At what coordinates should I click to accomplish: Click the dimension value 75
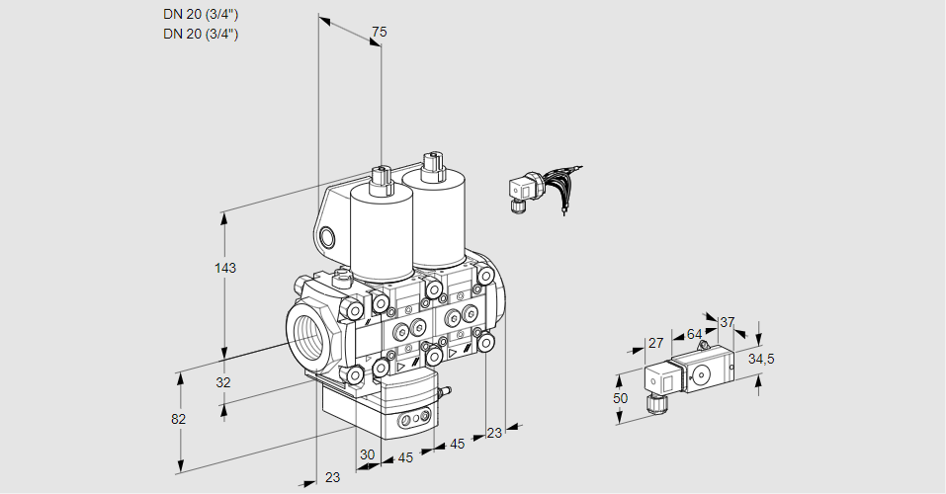click(379, 33)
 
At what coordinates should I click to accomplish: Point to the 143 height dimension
click(227, 268)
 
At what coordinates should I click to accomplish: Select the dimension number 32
click(223, 382)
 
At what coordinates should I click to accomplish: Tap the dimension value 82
click(179, 419)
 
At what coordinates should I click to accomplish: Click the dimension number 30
click(368, 454)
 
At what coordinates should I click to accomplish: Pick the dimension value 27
click(655, 343)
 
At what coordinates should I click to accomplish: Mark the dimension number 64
click(694, 334)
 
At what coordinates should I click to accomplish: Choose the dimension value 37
click(728, 322)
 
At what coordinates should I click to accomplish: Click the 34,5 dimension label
click(761, 359)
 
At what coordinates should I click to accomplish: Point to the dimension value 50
click(620, 398)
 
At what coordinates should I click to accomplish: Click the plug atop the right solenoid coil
click(430, 165)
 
